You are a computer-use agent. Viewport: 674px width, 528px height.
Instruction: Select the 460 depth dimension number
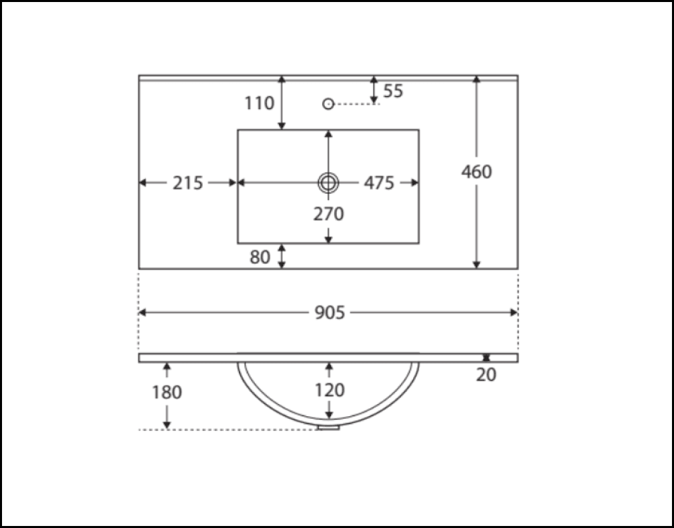[477, 172]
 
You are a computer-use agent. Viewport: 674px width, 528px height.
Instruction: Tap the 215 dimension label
[187, 183]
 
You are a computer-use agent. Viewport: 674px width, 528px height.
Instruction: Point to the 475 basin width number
[379, 183]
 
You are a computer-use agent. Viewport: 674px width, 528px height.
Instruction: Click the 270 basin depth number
[328, 214]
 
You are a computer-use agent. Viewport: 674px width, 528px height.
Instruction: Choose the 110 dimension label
[259, 103]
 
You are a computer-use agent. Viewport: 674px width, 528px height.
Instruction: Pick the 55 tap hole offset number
[393, 91]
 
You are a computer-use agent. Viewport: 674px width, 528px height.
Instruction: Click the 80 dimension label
[259, 257]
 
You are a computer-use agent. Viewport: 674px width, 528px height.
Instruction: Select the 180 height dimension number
[167, 391]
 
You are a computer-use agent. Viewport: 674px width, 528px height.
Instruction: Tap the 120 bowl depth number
[329, 390]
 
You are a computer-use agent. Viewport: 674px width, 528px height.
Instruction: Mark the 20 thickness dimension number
[486, 375]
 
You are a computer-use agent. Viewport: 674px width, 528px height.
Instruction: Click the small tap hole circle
[328, 104]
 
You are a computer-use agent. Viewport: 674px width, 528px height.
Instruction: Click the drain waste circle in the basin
[328, 183]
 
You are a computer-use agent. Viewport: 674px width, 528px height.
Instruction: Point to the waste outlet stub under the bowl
[328, 427]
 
